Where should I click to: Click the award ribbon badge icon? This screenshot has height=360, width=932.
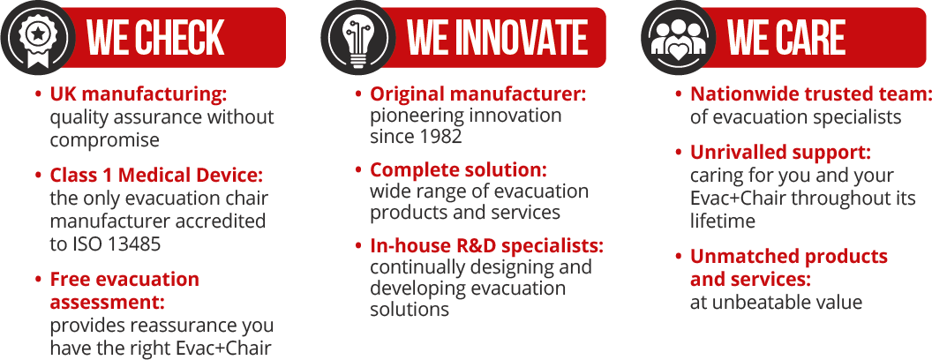[38, 37]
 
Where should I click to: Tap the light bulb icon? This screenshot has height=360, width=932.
[358, 37]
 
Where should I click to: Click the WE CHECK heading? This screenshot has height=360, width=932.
[155, 38]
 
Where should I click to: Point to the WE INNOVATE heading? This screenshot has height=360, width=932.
[498, 38]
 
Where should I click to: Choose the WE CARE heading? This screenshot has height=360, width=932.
[786, 38]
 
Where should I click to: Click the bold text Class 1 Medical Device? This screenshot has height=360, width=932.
[156, 176]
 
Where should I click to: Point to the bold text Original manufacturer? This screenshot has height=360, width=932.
[477, 94]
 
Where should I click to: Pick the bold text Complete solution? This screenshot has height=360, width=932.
[458, 170]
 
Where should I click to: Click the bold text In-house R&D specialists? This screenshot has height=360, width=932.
[487, 245]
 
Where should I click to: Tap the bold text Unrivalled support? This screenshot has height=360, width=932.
[780, 154]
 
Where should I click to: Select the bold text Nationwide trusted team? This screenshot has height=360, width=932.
[809, 94]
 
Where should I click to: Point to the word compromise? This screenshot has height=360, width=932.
[105, 140]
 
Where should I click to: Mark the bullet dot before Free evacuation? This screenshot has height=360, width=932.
[39, 279]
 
